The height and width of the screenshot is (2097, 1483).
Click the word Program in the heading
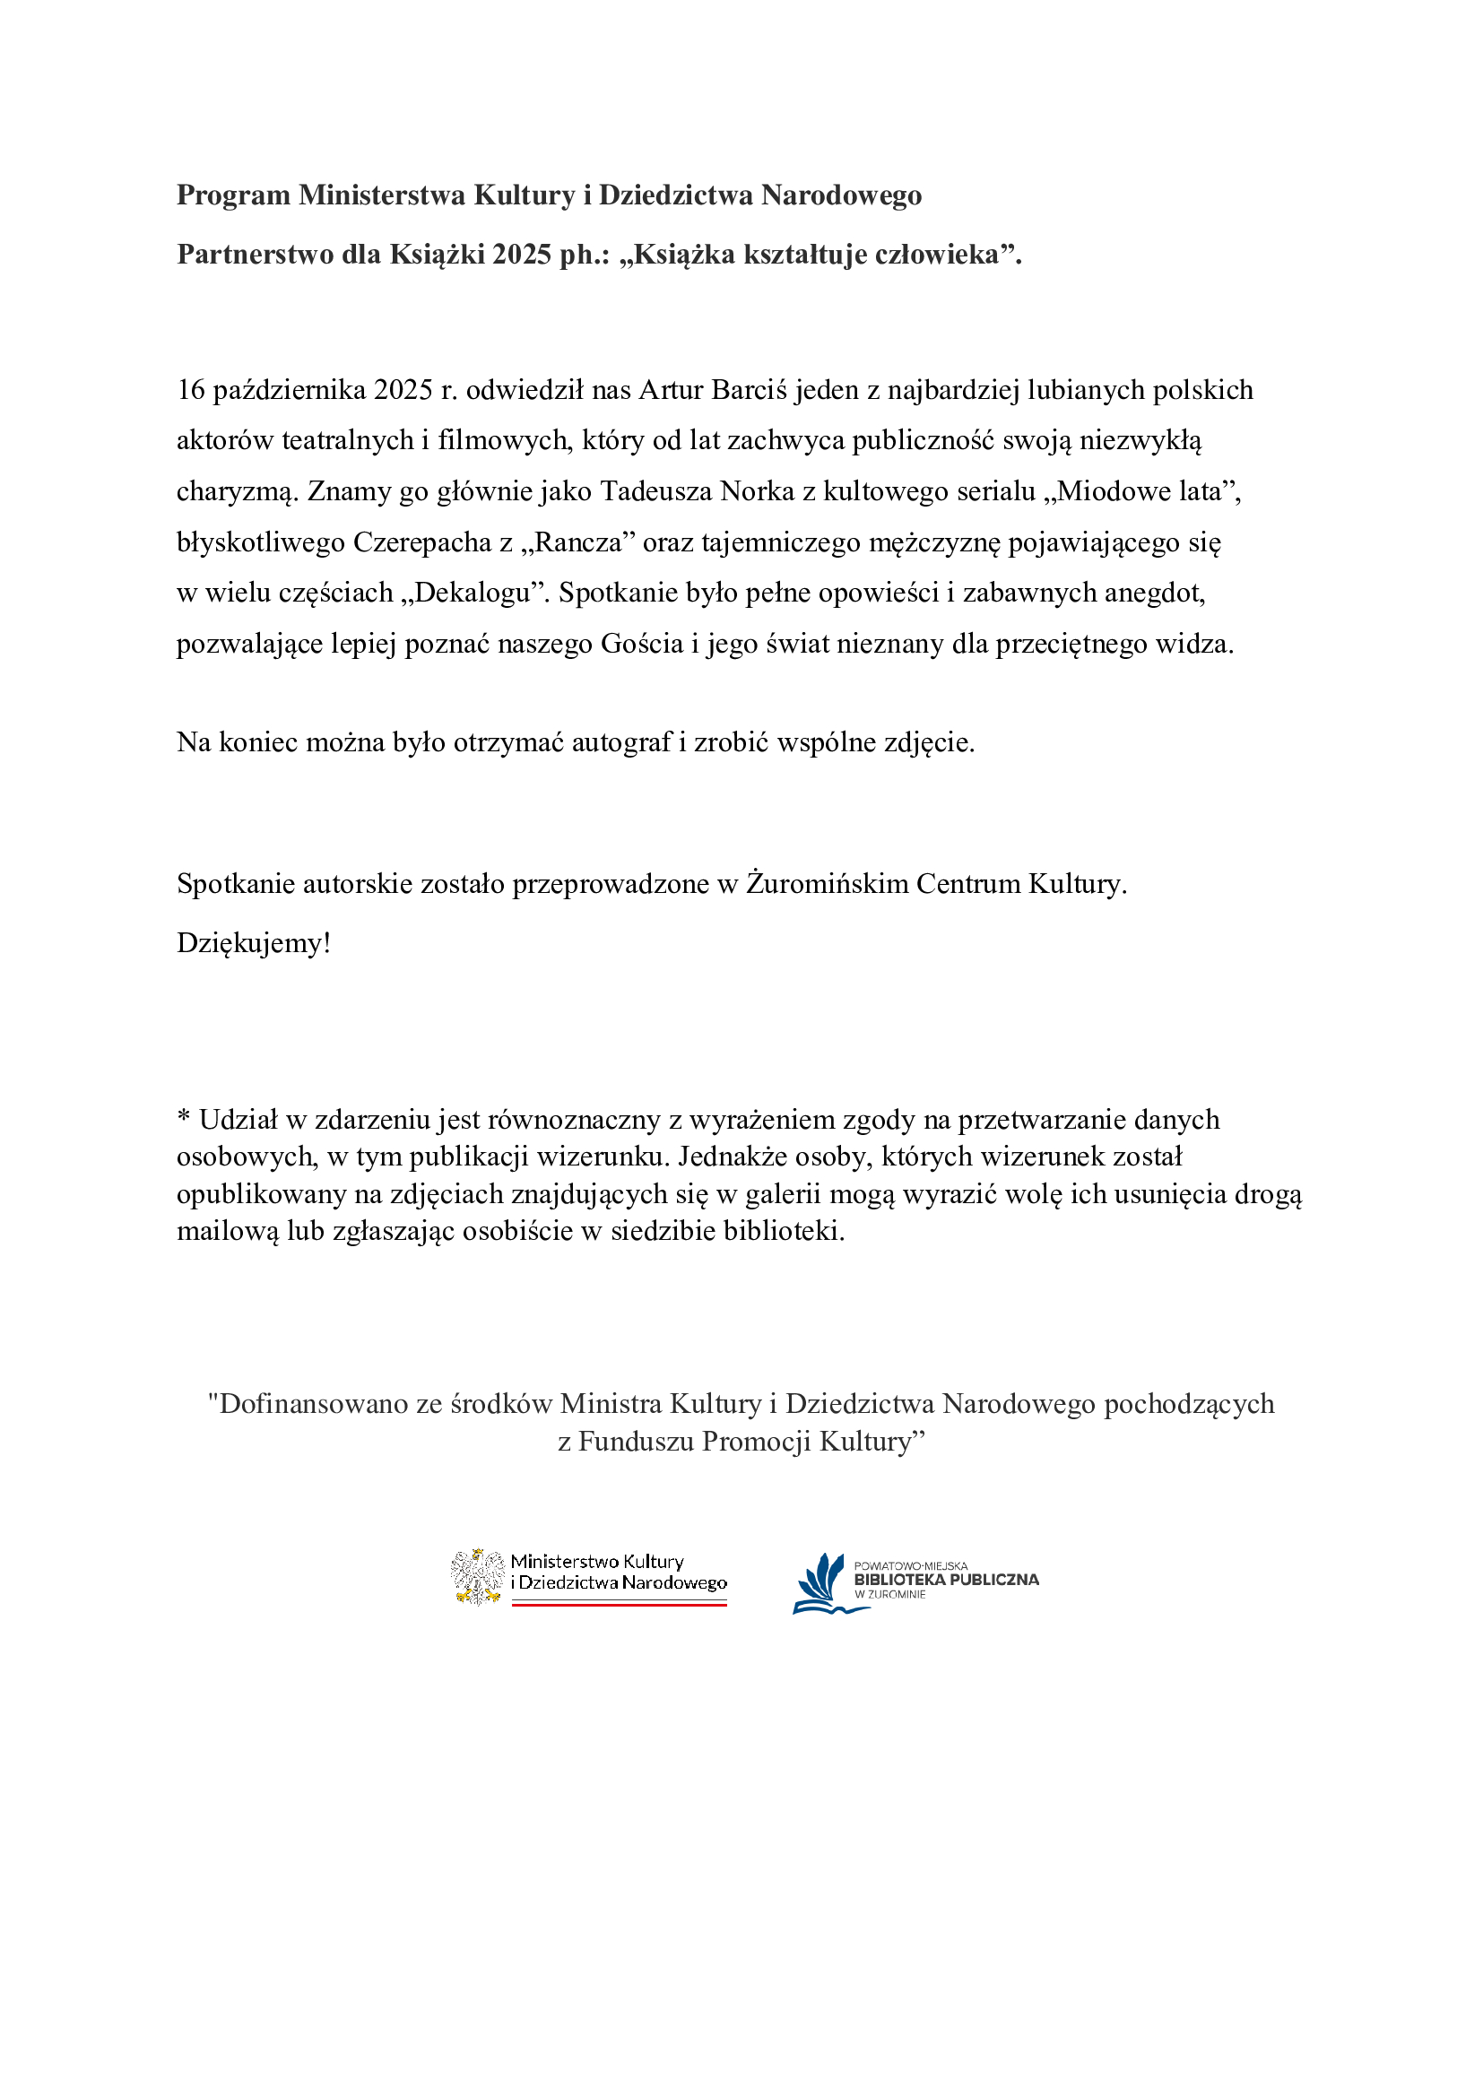pos(233,195)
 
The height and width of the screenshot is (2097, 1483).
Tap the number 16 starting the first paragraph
pos(191,390)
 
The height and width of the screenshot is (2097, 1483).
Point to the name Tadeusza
pos(655,491)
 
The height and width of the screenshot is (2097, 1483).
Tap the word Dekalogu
pos(473,593)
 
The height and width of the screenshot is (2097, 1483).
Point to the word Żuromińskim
pos(827,884)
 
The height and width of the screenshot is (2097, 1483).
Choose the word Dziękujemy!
pos(253,942)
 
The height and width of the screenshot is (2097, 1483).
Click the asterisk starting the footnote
pos(184,1117)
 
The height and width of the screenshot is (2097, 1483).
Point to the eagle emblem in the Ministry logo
pos(477,1576)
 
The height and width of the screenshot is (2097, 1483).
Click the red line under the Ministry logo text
pos(619,1603)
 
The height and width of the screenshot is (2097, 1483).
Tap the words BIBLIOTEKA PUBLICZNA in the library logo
pos(946,1579)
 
